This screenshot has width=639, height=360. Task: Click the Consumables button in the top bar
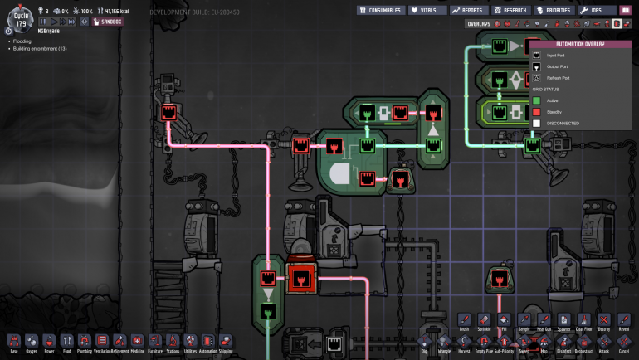pos(382,10)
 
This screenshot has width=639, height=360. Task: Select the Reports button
pos(469,10)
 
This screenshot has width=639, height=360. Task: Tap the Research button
pos(510,10)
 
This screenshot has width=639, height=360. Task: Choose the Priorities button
pos(554,10)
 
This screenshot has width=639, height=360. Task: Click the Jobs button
pos(598,10)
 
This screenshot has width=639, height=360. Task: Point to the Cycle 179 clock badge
pos(20,17)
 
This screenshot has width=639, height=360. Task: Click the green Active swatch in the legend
pos(538,100)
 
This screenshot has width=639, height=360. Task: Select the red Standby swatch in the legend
pos(538,112)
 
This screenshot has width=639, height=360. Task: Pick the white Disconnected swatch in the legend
pos(538,124)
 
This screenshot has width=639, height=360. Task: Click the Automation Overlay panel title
pos(580,44)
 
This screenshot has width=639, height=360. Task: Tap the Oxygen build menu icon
pos(32,341)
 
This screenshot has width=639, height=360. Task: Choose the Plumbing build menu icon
pos(85,341)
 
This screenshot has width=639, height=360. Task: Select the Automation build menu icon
pos(207,341)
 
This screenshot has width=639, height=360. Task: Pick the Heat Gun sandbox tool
pos(544,320)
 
